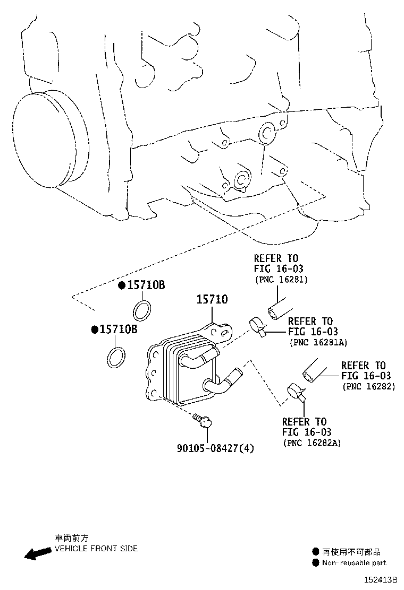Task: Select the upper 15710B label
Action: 145,285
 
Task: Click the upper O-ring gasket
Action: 142,310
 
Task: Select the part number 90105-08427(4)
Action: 215,448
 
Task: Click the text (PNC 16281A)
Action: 318,342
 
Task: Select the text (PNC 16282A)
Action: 312,442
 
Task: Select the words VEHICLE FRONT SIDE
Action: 96,549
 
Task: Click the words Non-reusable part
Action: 353,563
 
